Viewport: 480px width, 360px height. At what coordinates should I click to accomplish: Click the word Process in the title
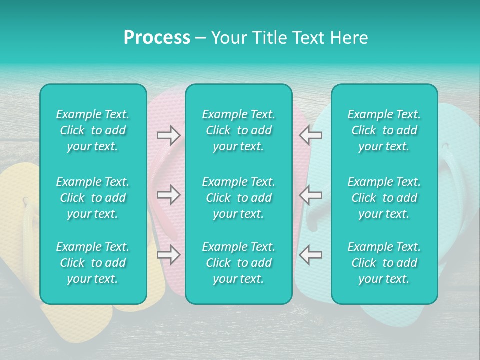click(157, 38)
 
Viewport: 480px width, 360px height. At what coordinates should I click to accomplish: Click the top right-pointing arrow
click(168, 135)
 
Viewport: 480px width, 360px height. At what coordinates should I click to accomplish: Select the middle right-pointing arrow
click(168, 195)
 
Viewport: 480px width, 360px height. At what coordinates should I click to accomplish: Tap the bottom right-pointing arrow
click(168, 255)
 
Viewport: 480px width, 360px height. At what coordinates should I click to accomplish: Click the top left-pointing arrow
click(310, 135)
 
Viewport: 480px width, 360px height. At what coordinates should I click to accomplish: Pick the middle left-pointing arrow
click(310, 195)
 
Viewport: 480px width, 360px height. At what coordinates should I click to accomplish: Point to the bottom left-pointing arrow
click(310, 255)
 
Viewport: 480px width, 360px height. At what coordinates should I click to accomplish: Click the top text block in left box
click(93, 130)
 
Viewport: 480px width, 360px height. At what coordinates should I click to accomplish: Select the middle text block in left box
click(93, 198)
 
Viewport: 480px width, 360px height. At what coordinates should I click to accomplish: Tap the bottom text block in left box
click(93, 263)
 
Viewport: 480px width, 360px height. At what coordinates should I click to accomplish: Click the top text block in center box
click(239, 130)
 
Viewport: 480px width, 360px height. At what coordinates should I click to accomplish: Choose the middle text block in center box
click(239, 198)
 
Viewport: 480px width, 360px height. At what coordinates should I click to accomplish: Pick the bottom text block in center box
click(239, 263)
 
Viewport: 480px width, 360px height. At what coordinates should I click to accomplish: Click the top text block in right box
click(384, 130)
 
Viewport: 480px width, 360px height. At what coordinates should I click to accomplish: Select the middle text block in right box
click(384, 198)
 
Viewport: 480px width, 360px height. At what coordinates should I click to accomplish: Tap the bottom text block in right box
click(384, 263)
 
